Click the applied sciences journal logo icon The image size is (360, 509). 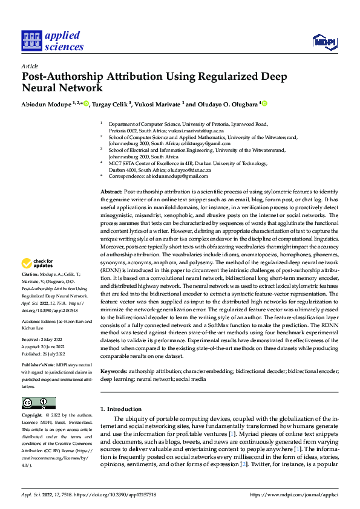[30, 41]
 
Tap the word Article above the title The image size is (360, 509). [30, 66]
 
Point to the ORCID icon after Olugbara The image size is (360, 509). [264, 104]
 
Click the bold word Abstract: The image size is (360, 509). [111, 192]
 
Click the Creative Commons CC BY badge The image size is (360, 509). [38, 403]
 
